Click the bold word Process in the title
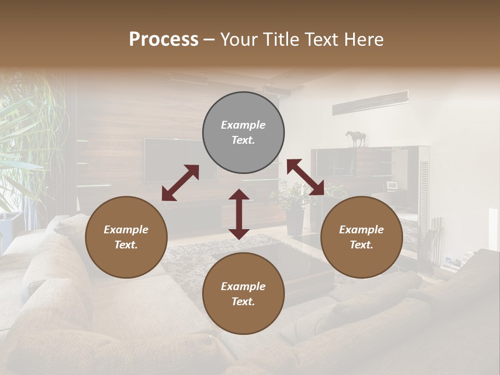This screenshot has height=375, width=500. pyautogui.click(x=164, y=40)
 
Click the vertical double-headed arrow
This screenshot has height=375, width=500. pyautogui.click(x=239, y=214)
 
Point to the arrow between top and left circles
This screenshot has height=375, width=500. pyautogui.click(x=180, y=183)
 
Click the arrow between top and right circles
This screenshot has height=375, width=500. pyautogui.click(x=305, y=177)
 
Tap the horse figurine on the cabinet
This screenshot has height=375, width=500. pyautogui.click(x=356, y=139)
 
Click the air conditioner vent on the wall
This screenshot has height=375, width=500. pyautogui.click(x=370, y=102)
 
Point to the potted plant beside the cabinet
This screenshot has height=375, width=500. pyautogui.click(x=294, y=208)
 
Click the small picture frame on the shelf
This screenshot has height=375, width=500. pyautogui.click(x=392, y=185)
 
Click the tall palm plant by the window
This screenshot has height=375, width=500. pyautogui.click(x=26, y=135)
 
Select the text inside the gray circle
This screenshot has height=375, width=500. pyautogui.click(x=243, y=132)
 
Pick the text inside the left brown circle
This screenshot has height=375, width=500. pyautogui.click(x=126, y=237)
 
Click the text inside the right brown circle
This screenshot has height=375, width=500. pyautogui.click(x=361, y=237)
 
